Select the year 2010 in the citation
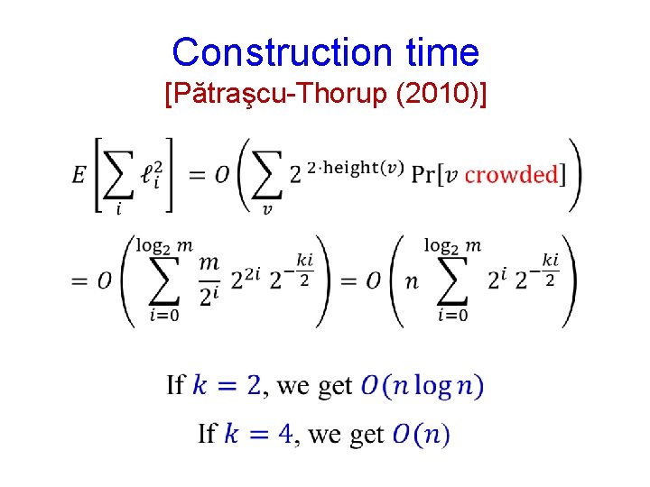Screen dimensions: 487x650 coord(437,93)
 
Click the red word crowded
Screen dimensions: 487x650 coord(511,174)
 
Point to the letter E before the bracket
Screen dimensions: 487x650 coord(79,175)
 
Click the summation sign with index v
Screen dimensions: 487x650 coord(266,176)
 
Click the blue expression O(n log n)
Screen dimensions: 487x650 coord(422,386)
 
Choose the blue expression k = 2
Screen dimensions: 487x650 coord(227,386)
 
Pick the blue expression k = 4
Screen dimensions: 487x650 coord(258,434)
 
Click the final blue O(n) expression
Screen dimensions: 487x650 coord(421,435)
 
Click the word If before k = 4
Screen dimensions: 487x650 coord(208,434)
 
